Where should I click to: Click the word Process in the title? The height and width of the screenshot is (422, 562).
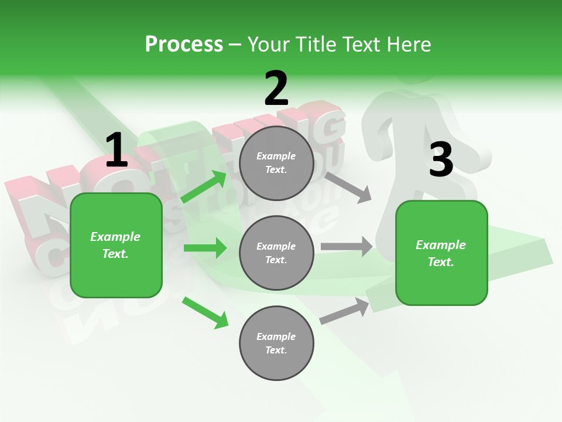point(184,44)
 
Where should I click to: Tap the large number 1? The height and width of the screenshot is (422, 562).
point(116,151)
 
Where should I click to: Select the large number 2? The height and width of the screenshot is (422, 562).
point(276,89)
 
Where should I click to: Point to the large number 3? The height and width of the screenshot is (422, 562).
point(441,159)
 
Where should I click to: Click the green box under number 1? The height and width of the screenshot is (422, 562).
point(116,245)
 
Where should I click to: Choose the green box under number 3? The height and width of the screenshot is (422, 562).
point(441,253)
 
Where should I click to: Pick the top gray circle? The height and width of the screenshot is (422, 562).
point(276,163)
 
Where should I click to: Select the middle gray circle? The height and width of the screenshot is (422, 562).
point(276,253)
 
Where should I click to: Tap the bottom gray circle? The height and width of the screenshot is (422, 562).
point(276,343)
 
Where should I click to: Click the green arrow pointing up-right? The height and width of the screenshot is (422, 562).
point(204,187)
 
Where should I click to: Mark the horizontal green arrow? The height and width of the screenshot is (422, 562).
point(205,248)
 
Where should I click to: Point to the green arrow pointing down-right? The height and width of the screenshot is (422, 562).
point(205,312)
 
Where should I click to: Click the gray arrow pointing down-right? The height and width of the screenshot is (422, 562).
point(348,187)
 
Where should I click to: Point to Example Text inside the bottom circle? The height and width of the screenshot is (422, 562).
point(276,343)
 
